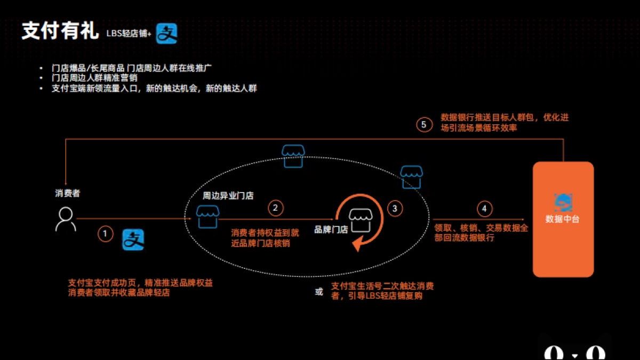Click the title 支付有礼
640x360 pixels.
60,31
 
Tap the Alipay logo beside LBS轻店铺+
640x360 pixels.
166,33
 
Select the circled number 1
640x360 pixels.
105,233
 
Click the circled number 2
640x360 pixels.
275,207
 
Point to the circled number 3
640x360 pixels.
395,209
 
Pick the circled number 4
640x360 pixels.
484,209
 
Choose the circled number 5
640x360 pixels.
424,125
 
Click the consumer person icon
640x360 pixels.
66,219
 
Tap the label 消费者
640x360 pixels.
67,193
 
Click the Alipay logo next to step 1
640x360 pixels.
133,239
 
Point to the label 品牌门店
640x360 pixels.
331,230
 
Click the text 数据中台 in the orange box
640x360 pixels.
563,219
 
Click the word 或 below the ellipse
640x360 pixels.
319,292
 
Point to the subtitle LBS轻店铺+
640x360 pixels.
129,34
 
